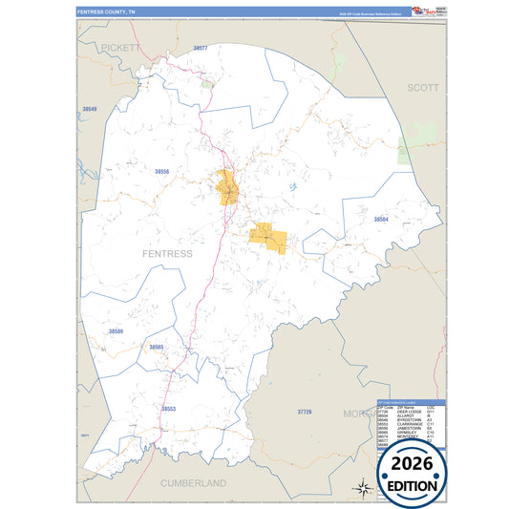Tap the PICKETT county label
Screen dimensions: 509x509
120,46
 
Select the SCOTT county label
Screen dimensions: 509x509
422,87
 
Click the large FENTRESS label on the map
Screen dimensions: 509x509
166,254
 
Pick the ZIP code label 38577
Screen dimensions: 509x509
200,48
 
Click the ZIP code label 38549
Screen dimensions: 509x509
90,110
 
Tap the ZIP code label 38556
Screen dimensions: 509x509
161,171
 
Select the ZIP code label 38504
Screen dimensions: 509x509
381,220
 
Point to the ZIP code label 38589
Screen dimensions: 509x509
117,330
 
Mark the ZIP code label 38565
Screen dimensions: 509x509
157,347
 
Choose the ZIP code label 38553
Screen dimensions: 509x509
168,409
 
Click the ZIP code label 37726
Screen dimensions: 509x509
304,411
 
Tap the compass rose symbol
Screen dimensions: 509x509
363,487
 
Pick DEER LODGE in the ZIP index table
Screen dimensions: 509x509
409,412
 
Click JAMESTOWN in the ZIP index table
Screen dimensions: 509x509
409,427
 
